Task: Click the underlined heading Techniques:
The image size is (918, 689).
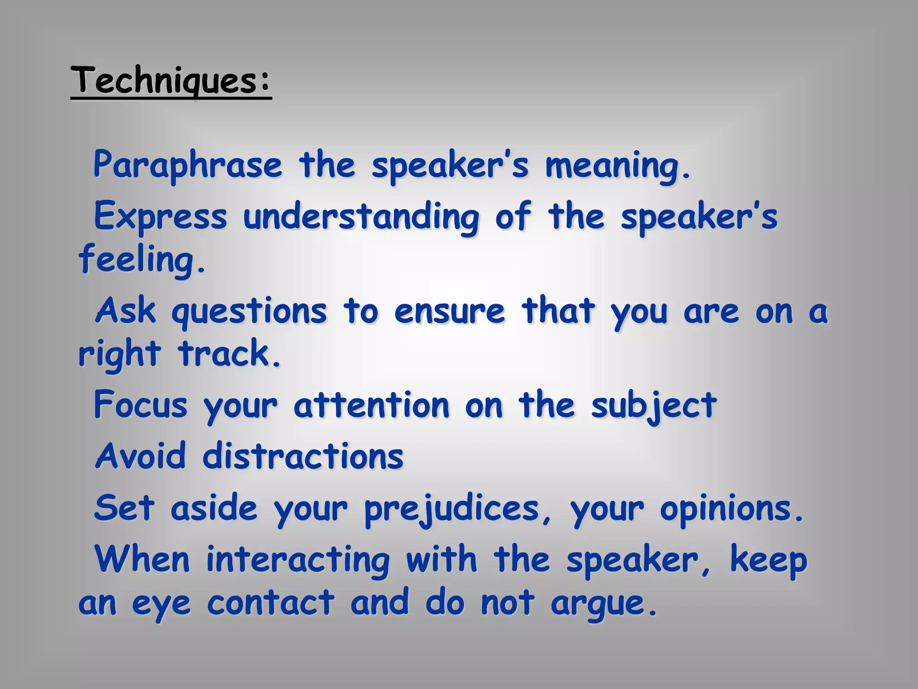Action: [171, 81]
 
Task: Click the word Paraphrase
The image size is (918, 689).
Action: [188, 166]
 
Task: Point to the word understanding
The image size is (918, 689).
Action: [361, 217]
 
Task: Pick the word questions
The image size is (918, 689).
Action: [249, 311]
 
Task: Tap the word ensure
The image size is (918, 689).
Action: [450, 311]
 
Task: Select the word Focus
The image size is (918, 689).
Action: [140, 405]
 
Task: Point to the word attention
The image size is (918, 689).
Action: [372, 405]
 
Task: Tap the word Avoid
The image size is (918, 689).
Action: [140, 456]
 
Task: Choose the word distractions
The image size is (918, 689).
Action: [303, 456]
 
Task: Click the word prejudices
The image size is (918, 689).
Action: [452, 510]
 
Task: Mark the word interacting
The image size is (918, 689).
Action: [298, 561]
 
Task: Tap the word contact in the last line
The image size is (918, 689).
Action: [271, 603]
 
